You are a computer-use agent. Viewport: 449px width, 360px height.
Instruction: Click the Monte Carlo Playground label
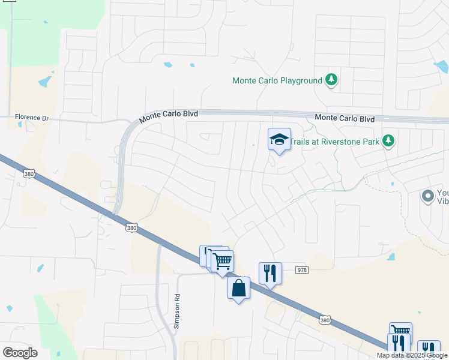[x=277, y=80]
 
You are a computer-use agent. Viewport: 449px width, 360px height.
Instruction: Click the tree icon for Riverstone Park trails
[x=388, y=140]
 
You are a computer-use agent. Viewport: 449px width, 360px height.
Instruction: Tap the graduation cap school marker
[x=279, y=140]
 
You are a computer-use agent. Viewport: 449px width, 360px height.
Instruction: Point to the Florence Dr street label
[x=31, y=118]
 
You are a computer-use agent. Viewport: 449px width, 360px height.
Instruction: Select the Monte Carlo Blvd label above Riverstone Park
[x=345, y=119]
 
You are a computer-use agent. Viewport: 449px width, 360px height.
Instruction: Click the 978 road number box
[x=302, y=271]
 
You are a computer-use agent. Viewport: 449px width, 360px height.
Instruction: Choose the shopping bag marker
[x=238, y=288]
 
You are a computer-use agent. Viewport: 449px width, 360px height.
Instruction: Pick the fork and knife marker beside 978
[x=270, y=273]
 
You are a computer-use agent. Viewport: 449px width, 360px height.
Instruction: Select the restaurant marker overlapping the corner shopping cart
[x=399, y=344]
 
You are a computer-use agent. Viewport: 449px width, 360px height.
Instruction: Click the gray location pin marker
[x=427, y=196]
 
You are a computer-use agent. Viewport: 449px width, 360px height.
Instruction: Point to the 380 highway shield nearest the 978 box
[x=325, y=320]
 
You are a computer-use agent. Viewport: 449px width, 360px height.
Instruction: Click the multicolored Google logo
[x=20, y=353]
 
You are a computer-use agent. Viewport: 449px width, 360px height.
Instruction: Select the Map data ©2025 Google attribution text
[x=412, y=355]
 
